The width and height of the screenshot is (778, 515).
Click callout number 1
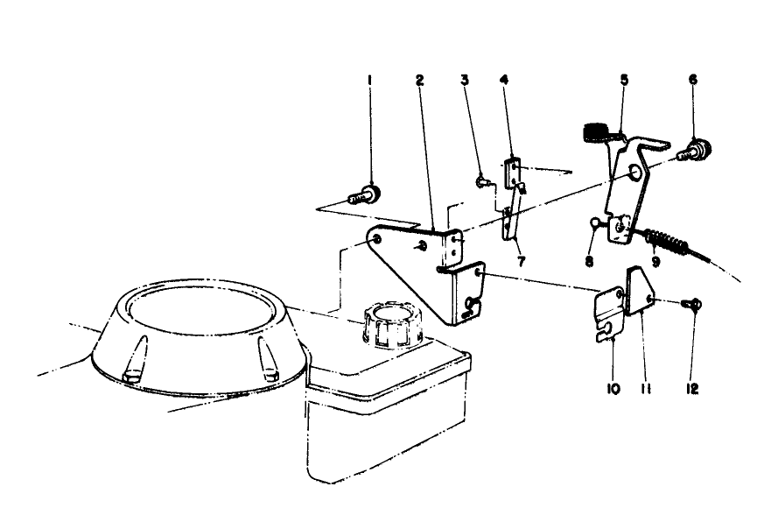369,80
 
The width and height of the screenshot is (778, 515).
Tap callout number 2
420,80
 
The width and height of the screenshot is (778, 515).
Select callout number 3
465,80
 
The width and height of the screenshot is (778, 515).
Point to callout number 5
624,80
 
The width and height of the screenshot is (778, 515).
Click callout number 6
693,80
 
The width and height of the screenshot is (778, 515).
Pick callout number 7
521,261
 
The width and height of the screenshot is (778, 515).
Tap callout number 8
590,261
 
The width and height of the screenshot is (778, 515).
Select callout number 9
656,261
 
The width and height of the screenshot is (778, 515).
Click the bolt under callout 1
365,194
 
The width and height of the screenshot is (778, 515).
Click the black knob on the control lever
597,131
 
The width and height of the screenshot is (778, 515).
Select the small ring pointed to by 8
593,223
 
